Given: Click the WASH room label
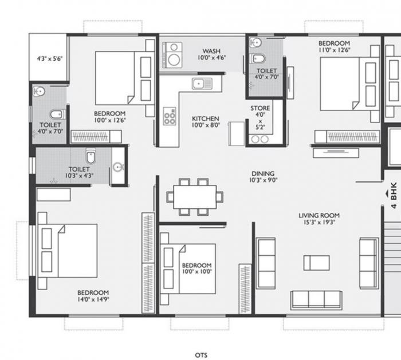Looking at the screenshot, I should click(x=213, y=50).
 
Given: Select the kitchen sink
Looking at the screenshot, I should click(x=201, y=85).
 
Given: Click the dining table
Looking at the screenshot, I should click(x=195, y=196).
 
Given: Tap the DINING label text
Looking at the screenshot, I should click(x=262, y=173).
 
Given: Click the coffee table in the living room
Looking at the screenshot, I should click(x=316, y=263).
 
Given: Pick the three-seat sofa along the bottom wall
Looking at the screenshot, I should click(x=316, y=299).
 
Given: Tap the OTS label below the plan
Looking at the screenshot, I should click(x=201, y=355).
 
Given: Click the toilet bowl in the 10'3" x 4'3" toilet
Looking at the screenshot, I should click(x=90, y=156).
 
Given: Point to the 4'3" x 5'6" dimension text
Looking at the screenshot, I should click(x=49, y=58).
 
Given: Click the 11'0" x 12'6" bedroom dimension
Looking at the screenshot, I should click(x=334, y=50).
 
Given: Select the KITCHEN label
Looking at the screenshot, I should click(x=206, y=118).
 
